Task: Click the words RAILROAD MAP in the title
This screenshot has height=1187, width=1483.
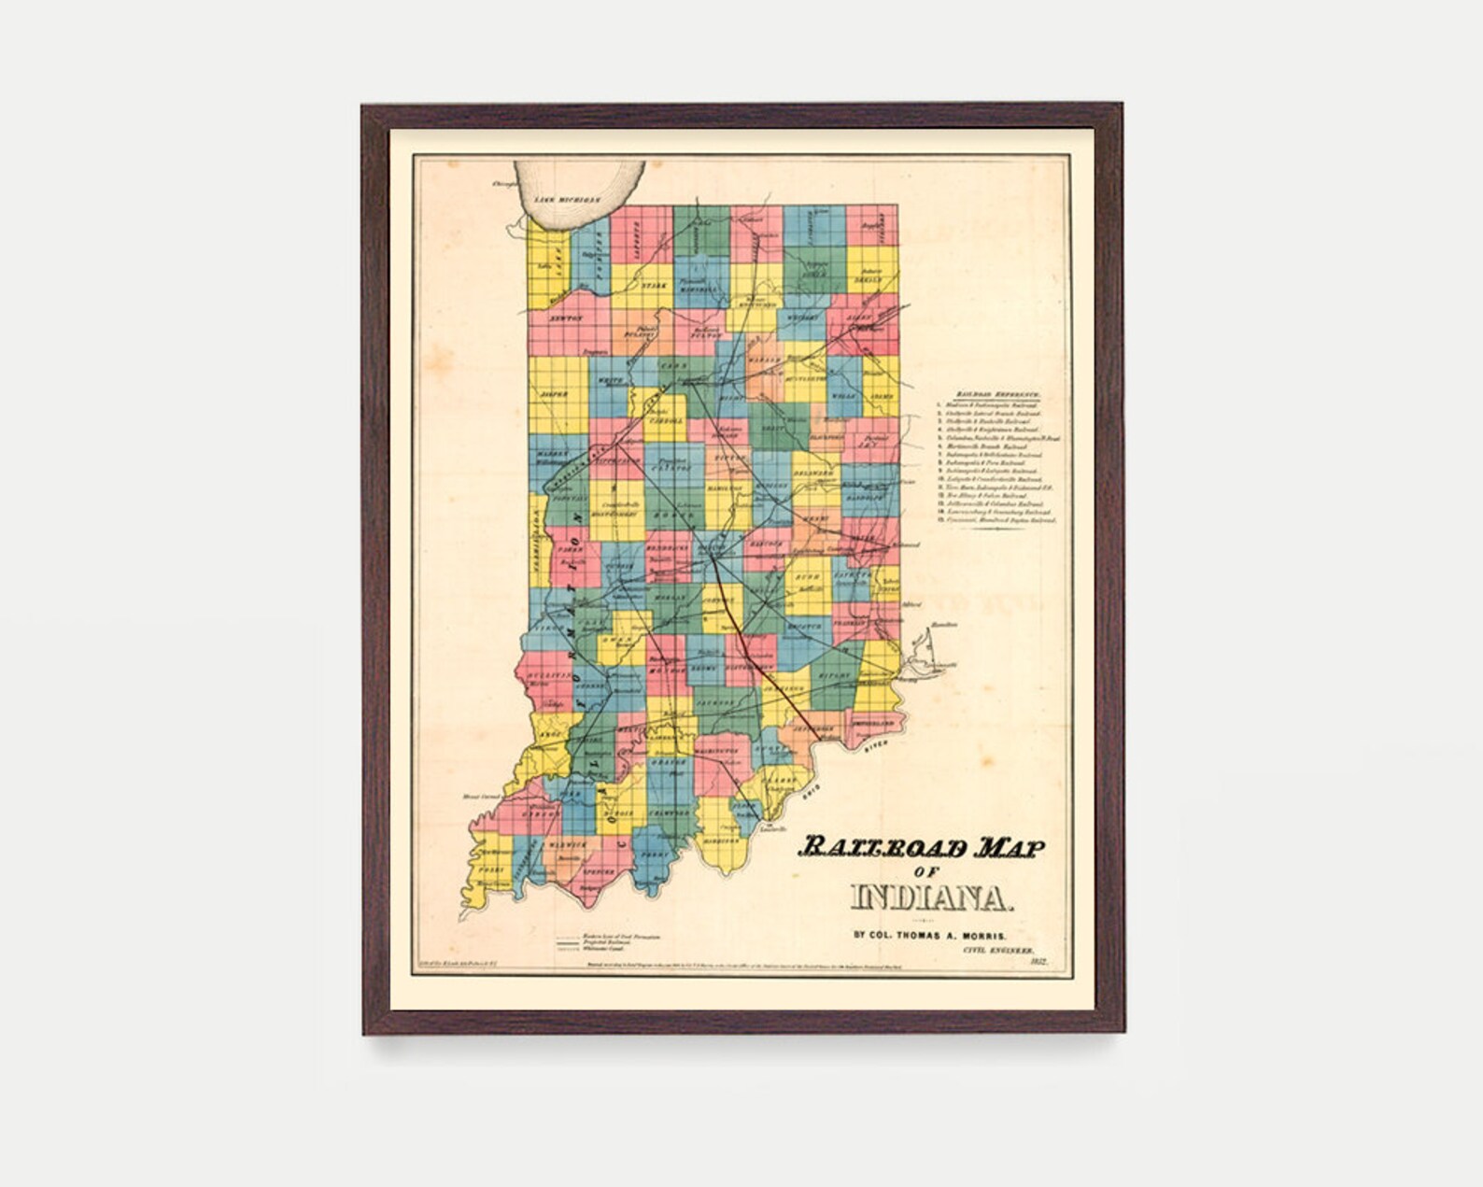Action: [921, 847]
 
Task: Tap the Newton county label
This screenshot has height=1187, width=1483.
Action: [566, 318]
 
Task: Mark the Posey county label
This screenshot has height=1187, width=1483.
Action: [491, 869]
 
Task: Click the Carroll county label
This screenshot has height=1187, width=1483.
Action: [666, 421]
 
